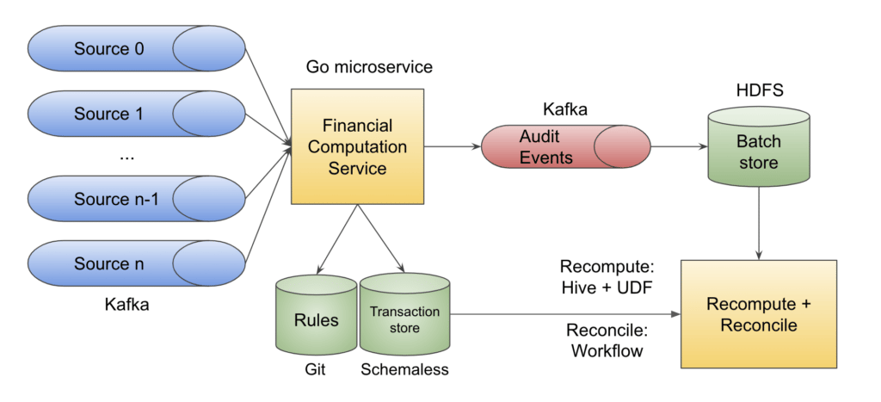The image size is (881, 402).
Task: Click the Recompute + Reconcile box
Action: [758, 314]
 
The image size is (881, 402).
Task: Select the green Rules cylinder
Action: [314, 316]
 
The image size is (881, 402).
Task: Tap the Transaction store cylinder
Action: [404, 316]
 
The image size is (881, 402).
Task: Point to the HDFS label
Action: [758, 90]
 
